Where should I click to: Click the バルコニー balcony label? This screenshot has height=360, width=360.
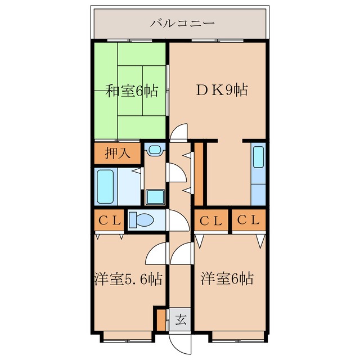(181, 24)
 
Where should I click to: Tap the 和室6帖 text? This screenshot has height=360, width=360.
(132, 90)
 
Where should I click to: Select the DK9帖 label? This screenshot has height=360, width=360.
(220, 89)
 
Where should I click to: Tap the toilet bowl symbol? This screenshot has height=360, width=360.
(142, 220)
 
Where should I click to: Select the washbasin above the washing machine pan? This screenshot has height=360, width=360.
(154, 150)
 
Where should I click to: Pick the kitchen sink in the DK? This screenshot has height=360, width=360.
(258, 157)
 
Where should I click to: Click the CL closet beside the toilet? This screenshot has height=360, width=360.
(109, 220)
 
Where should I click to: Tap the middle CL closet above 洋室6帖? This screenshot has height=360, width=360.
(210, 220)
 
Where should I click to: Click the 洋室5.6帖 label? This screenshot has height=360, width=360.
(128, 278)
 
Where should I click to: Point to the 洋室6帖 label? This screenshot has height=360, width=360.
(227, 278)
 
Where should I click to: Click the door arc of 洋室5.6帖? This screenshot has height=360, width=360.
(156, 254)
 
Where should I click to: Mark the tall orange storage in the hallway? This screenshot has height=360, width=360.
(198, 175)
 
